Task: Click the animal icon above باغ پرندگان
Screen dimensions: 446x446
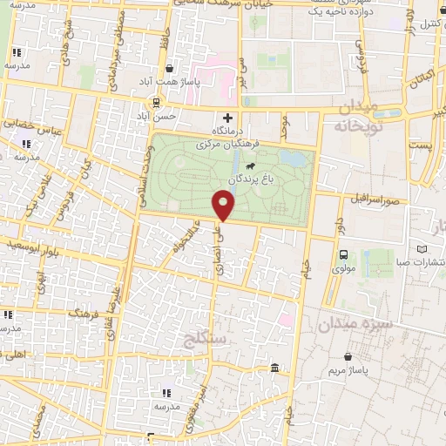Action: [x=251, y=166]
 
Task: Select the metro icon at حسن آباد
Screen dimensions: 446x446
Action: [x=156, y=102]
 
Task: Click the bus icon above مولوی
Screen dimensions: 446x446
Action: [x=343, y=255]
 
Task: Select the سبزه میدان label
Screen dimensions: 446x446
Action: [x=355, y=323]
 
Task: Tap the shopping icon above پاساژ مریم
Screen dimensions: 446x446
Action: [x=349, y=356]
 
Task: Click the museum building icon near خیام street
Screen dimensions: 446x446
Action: [x=275, y=369]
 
